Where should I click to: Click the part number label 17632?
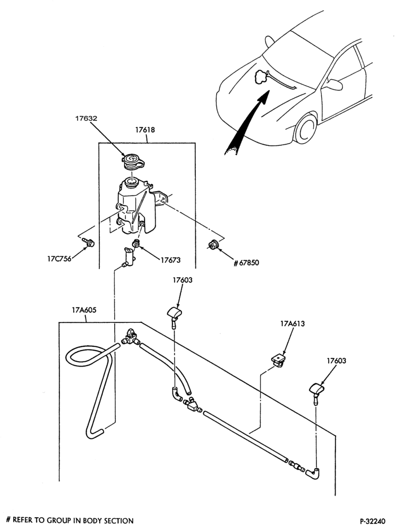pos(86,119)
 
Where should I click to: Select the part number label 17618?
pos(145,130)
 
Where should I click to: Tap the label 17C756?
pos(59,259)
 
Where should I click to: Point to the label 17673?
pos(170,260)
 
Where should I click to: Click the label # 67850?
pos(246,263)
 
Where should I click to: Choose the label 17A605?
pos(84,310)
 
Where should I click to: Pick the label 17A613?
pos(293,323)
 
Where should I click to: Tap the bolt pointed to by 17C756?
pos(89,243)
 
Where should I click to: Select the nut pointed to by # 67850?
pos(212,244)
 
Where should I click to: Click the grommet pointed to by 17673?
pos(136,243)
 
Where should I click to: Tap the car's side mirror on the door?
pos(333,84)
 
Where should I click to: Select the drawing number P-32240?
pos(373,521)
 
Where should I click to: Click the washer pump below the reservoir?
pos(127,258)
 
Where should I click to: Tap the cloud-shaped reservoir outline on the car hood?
pos(261,77)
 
